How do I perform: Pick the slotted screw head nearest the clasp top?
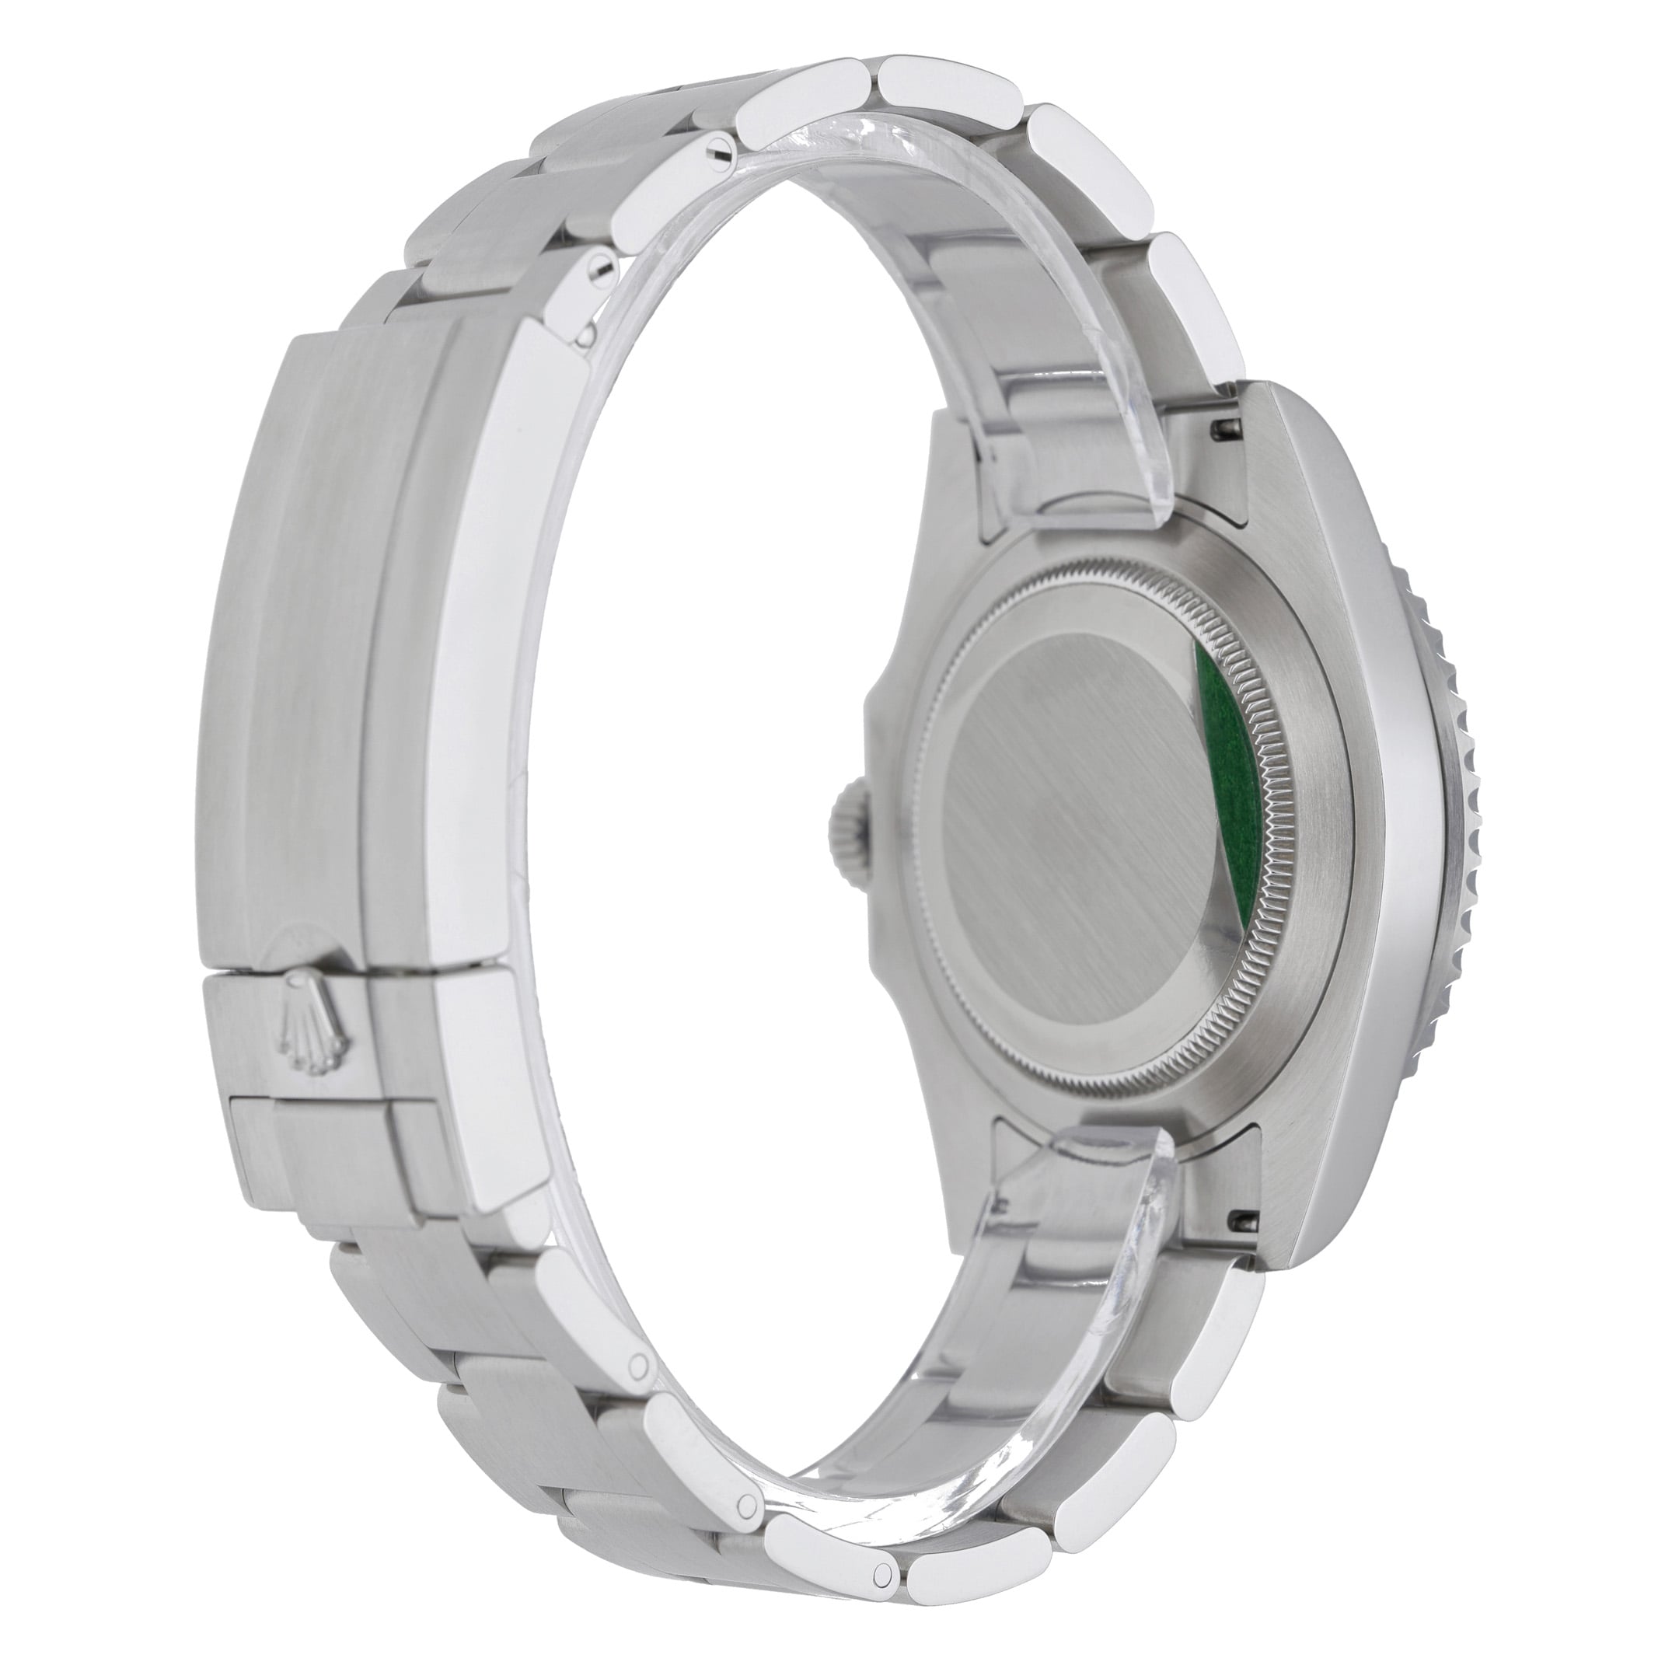599,272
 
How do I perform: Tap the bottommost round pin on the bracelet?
884,1570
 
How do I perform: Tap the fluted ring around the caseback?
1251,869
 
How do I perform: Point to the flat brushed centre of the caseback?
1077,826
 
